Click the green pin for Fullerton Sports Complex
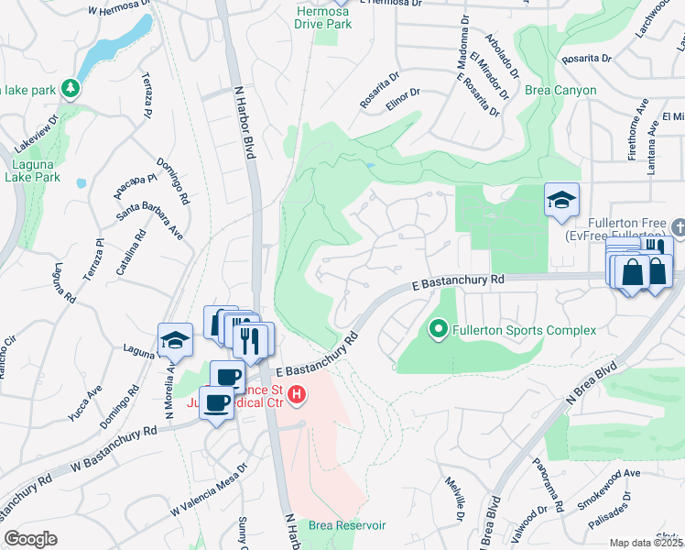[438, 329]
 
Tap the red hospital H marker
[297, 396]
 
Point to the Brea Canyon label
[560, 91]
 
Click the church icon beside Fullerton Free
[678, 225]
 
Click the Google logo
[30, 539]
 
